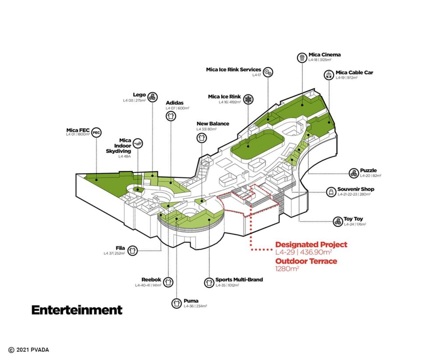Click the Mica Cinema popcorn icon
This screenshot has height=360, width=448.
(x=302, y=57)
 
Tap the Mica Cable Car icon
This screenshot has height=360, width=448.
(x=329, y=75)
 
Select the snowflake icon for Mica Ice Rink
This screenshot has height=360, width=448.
(x=248, y=99)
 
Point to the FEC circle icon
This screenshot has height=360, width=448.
(x=97, y=132)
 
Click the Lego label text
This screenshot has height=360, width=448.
(x=139, y=94)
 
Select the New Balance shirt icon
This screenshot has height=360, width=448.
(x=202, y=138)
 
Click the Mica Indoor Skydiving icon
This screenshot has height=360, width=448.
(x=138, y=143)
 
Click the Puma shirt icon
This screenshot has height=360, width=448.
(x=176, y=303)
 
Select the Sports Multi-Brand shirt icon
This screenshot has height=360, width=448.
(x=209, y=282)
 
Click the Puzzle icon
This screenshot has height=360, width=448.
(x=353, y=173)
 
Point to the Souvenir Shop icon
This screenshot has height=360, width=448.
(x=330, y=192)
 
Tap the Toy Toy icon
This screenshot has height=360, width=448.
(x=337, y=221)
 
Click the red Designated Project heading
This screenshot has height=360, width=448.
(x=311, y=245)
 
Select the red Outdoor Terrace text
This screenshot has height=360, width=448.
(x=306, y=261)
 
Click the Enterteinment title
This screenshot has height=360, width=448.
(x=77, y=310)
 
